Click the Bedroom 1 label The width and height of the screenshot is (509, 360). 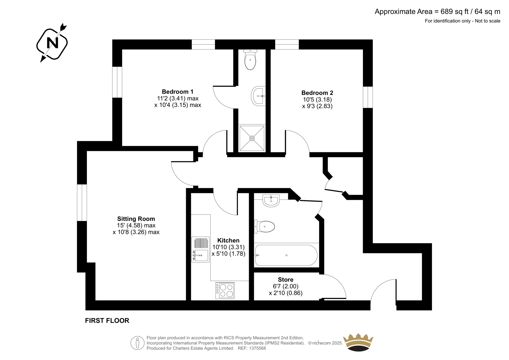pyautogui.click(x=178, y=92)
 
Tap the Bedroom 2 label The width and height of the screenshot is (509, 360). pyautogui.click(x=317, y=93)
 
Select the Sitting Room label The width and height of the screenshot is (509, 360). pyautogui.click(x=136, y=219)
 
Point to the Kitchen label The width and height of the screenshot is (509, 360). pyautogui.click(x=228, y=240)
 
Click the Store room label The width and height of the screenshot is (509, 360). pyautogui.click(x=285, y=279)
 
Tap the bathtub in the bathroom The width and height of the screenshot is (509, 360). pyautogui.click(x=286, y=255)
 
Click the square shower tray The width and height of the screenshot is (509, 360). pyautogui.click(x=252, y=138)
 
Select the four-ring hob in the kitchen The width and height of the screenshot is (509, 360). pyautogui.click(x=225, y=290)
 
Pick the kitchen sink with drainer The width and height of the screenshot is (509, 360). pyautogui.click(x=200, y=250)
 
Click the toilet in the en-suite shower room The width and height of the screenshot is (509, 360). pyautogui.click(x=250, y=60)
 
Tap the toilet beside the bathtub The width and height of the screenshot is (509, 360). pyautogui.click(x=264, y=227)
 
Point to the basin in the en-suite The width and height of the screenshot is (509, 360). pyautogui.click(x=258, y=96)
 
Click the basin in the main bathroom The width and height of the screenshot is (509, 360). pyautogui.click(x=271, y=201)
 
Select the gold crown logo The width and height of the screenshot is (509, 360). pyautogui.click(x=358, y=342)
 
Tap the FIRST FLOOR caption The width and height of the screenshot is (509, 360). pyautogui.click(x=107, y=321)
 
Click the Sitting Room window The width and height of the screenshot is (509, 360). pyautogui.click(x=82, y=202)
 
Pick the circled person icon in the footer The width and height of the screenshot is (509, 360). pyautogui.click(x=137, y=343)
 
